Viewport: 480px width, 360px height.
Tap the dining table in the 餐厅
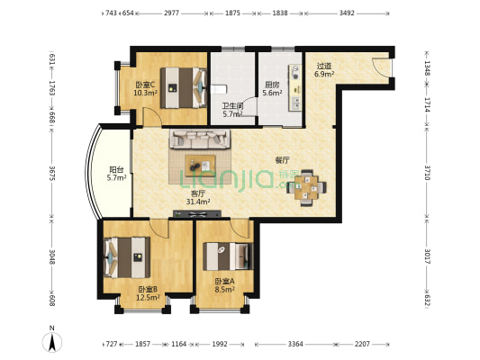(x=306, y=188)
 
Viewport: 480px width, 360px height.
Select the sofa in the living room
(x=200, y=139)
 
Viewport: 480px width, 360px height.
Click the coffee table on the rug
(x=200, y=166)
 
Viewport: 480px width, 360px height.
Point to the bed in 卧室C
(x=184, y=88)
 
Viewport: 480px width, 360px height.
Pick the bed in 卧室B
(x=127, y=257)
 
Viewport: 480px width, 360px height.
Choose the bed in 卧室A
(x=228, y=256)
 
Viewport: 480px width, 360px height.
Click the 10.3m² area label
(x=145, y=93)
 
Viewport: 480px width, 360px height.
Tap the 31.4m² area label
(x=198, y=202)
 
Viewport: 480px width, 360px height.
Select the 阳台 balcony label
(x=117, y=169)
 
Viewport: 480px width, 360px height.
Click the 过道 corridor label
(x=324, y=66)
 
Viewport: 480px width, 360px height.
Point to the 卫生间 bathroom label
(x=232, y=106)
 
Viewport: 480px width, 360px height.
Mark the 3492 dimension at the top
(x=347, y=13)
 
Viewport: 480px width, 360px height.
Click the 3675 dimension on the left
(x=52, y=173)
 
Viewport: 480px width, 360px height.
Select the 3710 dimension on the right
(x=427, y=172)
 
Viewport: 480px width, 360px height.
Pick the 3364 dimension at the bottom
(x=295, y=344)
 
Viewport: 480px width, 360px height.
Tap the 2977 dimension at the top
(x=171, y=13)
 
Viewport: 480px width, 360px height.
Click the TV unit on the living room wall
(x=197, y=214)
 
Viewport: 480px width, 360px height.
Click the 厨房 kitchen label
(x=272, y=85)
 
